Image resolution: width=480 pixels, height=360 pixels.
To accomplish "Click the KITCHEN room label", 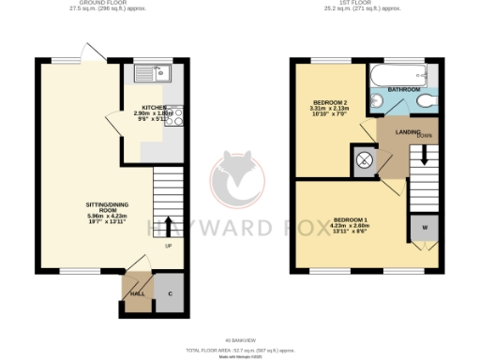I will tap(153, 108).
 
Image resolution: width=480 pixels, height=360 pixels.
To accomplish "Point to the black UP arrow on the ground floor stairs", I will tap(169, 226).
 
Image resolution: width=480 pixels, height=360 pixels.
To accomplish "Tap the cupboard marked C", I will tap(170, 293).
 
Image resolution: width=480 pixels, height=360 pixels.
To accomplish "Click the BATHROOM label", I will tap(403, 89).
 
